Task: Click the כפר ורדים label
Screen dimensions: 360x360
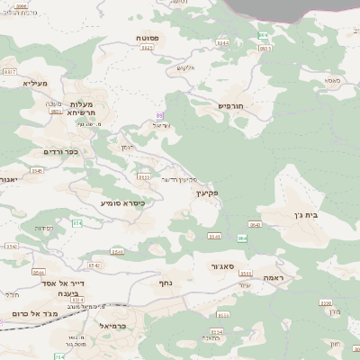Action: tap(60, 151)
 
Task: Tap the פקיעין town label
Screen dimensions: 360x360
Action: tap(206, 193)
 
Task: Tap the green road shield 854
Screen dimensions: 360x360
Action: tap(76, 222)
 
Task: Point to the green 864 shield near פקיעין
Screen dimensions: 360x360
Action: tap(241, 238)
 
